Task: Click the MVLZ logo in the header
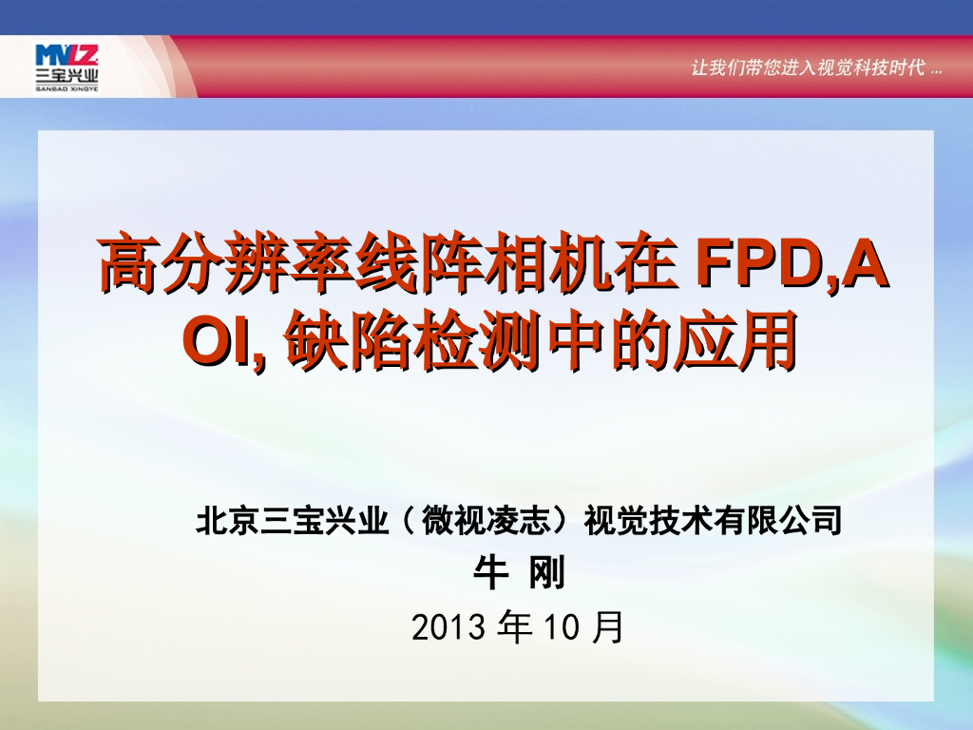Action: (66, 55)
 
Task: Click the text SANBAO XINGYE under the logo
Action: (67, 87)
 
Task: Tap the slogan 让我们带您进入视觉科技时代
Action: (808, 69)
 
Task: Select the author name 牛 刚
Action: (519, 573)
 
